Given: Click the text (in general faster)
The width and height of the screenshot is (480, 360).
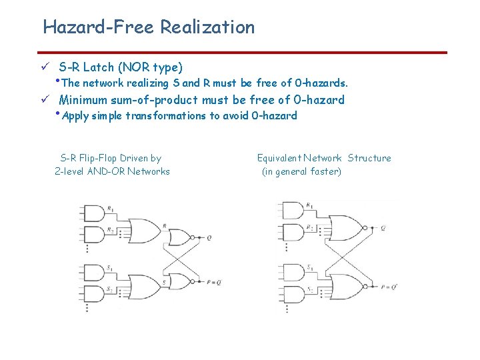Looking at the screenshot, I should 301,171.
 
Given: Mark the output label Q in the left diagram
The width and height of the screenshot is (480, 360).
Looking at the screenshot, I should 209,237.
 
